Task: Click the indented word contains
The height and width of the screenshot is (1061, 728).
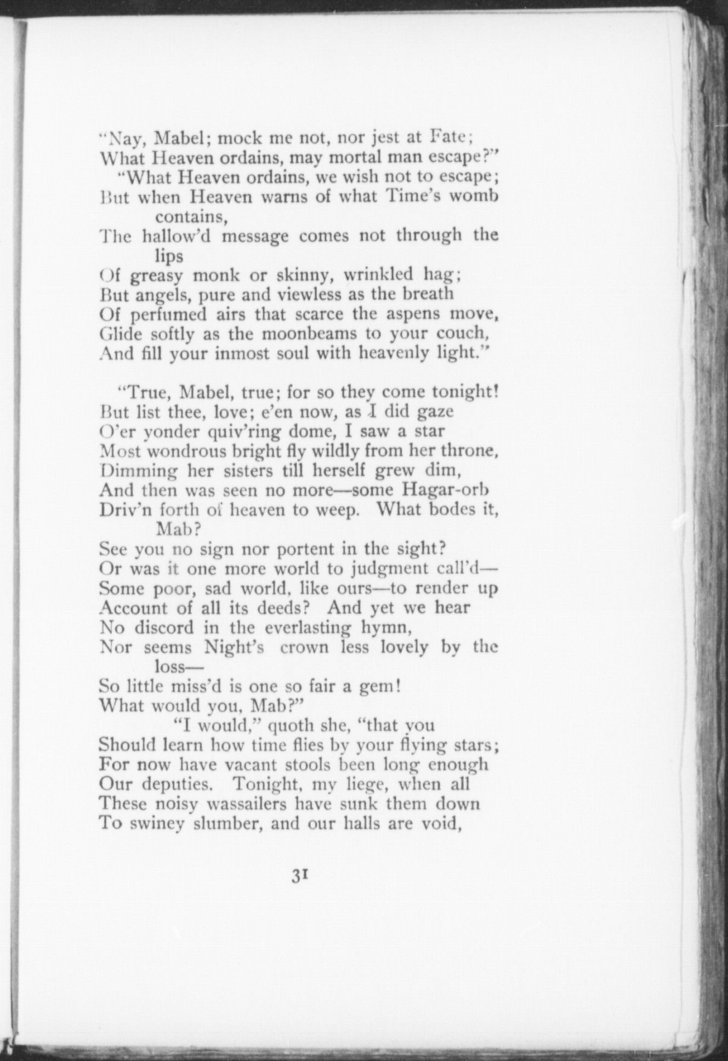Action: coord(191,216)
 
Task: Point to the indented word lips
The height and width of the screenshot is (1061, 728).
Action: coord(168,255)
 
